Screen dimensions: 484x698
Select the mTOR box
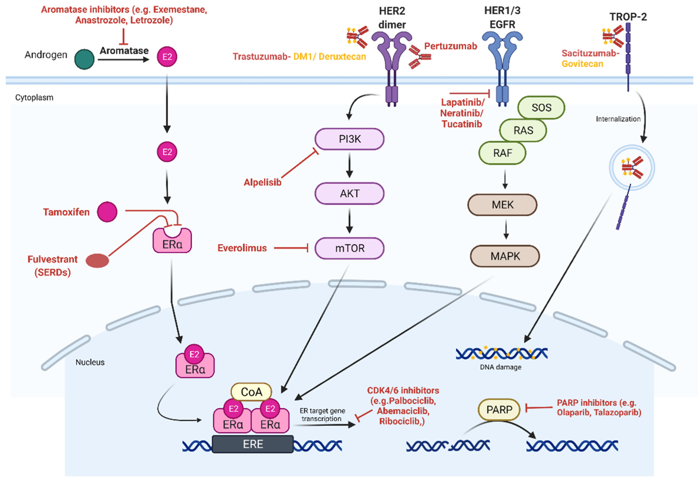point(349,248)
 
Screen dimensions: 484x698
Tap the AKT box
point(349,193)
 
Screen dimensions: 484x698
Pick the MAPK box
point(505,257)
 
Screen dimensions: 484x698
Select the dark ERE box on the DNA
point(253,444)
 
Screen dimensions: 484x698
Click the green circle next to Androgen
point(84,59)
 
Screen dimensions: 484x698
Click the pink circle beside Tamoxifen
point(107,212)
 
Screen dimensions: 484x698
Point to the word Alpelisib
point(263,182)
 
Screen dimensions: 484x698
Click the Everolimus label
point(242,248)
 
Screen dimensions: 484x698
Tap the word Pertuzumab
point(450,46)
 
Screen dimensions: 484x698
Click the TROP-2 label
point(628,17)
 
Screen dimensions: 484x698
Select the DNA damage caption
point(500,367)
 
